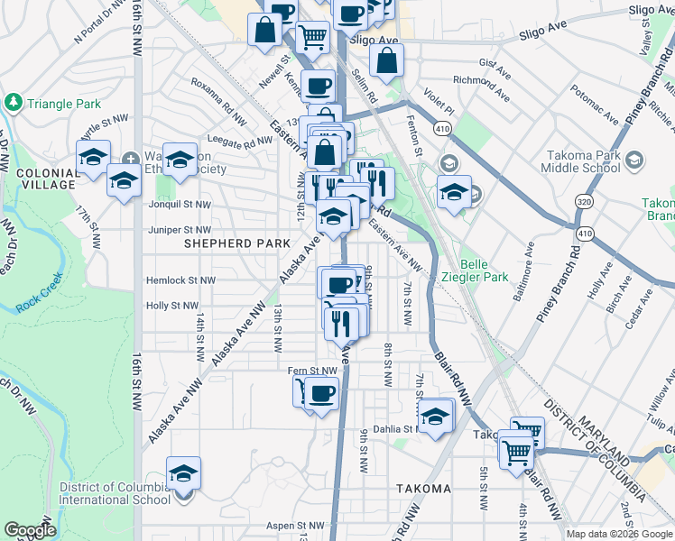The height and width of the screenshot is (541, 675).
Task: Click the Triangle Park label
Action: point(63,104)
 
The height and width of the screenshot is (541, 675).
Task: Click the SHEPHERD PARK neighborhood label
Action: point(237,243)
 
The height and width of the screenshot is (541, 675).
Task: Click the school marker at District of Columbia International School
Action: point(183,472)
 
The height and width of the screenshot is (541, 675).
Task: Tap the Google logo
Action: point(30,531)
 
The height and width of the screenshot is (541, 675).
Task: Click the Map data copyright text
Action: point(619,534)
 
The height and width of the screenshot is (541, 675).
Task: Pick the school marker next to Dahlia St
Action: point(435,417)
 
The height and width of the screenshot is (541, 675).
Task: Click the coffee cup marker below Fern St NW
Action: point(321,394)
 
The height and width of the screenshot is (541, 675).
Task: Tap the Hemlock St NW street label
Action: point(180,280)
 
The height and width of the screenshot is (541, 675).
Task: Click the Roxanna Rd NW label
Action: point(218,100)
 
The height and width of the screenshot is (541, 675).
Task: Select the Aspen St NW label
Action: point(295,525)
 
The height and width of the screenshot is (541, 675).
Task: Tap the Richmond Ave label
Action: point(482,88)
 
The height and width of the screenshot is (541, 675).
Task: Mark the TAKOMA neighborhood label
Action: point(422,489)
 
